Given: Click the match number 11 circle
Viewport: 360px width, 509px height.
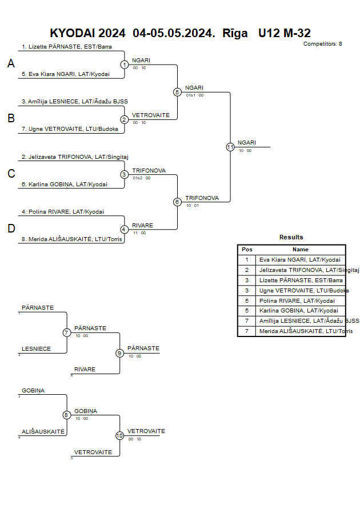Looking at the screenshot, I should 230,147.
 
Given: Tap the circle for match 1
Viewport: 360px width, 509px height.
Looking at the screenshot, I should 125,65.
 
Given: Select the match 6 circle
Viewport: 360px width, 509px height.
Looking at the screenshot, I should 177,202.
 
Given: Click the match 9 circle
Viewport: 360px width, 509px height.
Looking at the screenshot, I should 120,353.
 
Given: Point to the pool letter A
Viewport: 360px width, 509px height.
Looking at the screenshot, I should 11,64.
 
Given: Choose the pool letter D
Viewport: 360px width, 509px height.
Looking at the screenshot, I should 11,229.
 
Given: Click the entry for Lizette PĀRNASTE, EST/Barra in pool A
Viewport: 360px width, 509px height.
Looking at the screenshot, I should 67,46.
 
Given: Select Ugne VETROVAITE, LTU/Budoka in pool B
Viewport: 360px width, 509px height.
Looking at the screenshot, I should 70,129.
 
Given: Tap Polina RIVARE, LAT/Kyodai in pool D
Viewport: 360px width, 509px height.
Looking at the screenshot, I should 63,211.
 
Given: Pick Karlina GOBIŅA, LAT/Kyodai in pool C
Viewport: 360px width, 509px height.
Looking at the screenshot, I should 64,185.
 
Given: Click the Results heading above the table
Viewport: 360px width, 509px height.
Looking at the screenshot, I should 291,237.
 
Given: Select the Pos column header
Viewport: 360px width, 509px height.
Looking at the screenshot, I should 247,250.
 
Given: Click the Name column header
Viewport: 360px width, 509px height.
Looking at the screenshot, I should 300,250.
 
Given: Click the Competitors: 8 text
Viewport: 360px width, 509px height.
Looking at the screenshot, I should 322,44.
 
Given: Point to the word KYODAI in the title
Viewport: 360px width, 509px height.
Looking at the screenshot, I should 72,33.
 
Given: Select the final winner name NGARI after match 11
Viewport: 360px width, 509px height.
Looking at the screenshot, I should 247,142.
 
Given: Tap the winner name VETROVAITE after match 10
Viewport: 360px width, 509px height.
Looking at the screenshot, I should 146,431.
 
